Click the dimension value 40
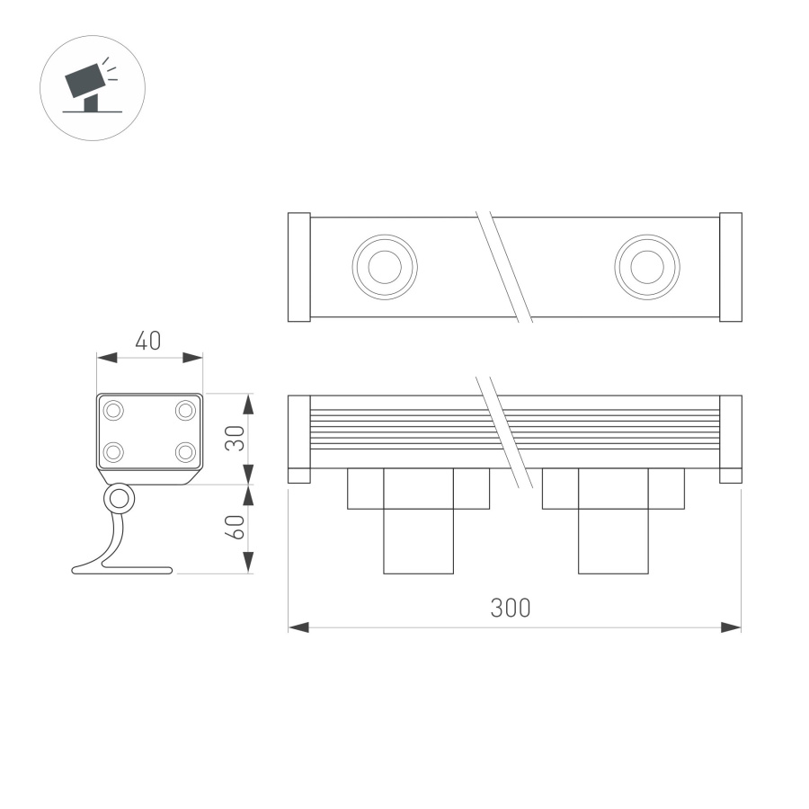pyautogui.click(x=148, y=342)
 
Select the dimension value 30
pyautogui.click(x=236, y=438)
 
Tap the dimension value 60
pyautogui.click(x=236, y=529)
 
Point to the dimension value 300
pyautogui.click(x=510, y=608)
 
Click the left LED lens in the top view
pyautogui.click(x=385, y=267)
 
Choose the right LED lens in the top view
pyautogui.click(x=647, y=267)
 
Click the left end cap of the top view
pyautogui.click(x=298, y=267)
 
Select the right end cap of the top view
pyautogui.click(x=731, y=267)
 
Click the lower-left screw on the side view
pyautogui.click(x=114, y=451)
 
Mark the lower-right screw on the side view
pyautogui.click(x=185, y=451)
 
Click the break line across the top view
pyautogui.click(x=503, y=267)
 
